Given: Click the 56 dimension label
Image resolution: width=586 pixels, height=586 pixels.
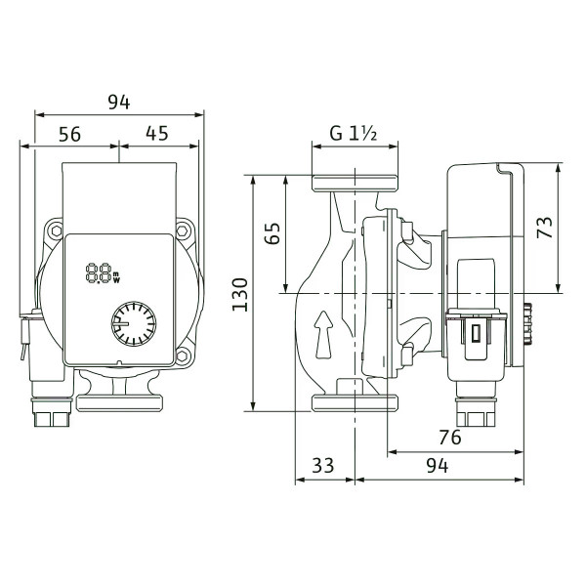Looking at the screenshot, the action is coord(70,134).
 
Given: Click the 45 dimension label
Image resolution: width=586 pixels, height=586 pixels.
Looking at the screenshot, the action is coord(157,134).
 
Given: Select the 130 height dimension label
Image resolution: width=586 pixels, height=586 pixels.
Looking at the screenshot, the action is coord(240,295).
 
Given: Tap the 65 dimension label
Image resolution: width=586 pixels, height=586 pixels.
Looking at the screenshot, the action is coord(272,233).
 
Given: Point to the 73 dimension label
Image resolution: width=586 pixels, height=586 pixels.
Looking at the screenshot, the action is coord(545,228).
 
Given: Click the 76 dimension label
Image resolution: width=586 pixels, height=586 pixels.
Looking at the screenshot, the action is coord(450,438).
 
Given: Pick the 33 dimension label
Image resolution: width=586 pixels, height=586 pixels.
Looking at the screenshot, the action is coord(323,466).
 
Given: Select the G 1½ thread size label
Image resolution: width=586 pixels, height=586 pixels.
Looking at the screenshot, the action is coord(354,134).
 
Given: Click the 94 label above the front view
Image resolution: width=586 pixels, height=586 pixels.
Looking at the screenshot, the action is coord(119,102).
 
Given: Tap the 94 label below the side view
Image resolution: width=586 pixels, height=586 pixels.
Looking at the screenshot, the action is coord(438,466).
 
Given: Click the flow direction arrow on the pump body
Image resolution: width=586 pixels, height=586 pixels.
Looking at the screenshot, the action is coord(323,335).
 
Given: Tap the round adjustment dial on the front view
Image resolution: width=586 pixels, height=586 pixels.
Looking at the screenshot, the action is coord(134,323).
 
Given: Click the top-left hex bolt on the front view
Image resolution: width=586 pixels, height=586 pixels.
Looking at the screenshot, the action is coord(57,230).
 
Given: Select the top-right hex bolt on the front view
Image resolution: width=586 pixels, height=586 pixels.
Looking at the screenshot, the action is coord(183,230).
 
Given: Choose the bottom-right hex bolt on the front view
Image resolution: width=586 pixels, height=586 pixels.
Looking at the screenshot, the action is coord(183,356).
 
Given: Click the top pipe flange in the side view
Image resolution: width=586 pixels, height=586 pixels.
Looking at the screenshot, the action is coord(355,184).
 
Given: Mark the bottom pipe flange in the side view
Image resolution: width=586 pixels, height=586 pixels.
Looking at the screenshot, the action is coord(355,402).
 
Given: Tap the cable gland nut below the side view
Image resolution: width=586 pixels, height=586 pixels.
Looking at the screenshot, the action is coord(477,413).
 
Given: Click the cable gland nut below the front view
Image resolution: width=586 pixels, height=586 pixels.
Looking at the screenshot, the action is coord(52,413).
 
